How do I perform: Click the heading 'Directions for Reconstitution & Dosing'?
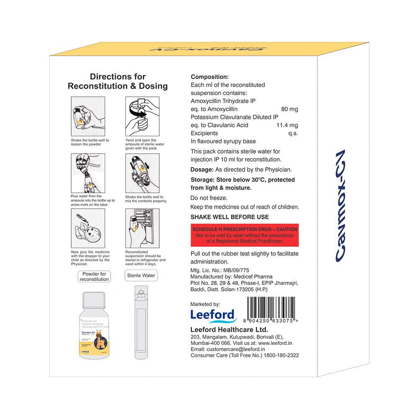click(x=118, y=81)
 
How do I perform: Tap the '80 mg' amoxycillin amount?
click(x=290, y=109)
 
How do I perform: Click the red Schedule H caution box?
click(x=244, y=235)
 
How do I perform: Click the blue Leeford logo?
click(x=213, y=315)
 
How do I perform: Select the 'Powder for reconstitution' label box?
click(x=94, y=277)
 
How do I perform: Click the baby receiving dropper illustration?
click(x=88, y=228)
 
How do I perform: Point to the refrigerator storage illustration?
click(x=142, y=228)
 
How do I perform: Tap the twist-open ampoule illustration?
click(x=142, y=116)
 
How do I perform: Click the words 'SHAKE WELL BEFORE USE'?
click(x=230, y=217)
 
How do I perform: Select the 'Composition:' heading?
click(x=209, y=77)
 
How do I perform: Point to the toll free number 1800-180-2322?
click(x=281, y=355)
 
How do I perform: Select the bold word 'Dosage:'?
click(x=202, y=169)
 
